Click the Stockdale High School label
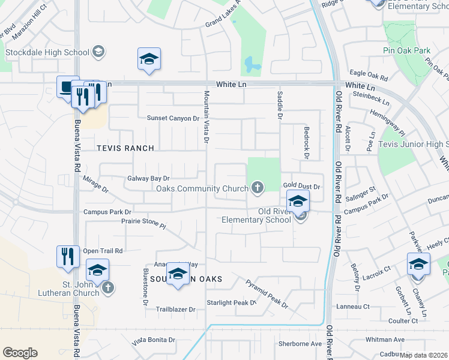(47, 52)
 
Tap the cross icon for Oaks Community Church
(258, 188)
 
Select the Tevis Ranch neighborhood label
(126, 148)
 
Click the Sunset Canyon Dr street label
(173, 119)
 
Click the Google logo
(20, 352)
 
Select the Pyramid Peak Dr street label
(267, 293)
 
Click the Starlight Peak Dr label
(231, 302)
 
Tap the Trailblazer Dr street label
(176, 310)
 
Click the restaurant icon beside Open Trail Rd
(67, 256)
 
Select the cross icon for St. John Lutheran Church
(108, 288)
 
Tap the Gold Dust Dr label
(303, 187)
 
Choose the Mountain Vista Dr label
(206, 118)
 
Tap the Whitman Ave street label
(385, 340)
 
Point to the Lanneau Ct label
(353, 307)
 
